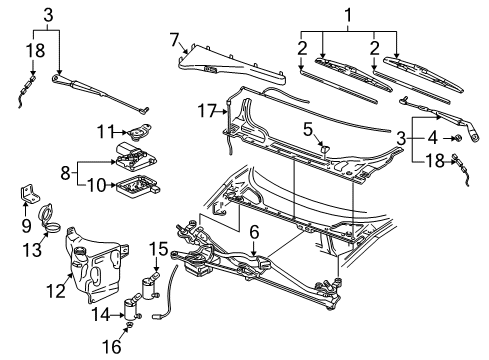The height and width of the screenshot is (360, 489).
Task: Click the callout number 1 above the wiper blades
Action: click(x=348, y=15)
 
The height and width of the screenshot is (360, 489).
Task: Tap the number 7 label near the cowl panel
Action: click(x=174, y=40)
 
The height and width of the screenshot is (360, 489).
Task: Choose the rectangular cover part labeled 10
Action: click(x=137, y=185)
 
